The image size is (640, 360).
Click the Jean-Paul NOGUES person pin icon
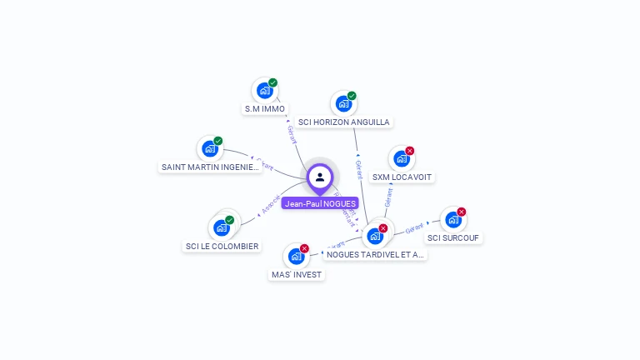pos(320,177)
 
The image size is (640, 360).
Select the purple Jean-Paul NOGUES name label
pos(320,203)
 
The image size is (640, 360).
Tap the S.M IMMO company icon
pos(265,91)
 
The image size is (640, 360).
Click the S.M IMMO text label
pos(265,109)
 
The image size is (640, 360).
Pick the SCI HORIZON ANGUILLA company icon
pos(344,104)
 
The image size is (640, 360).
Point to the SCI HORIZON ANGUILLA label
pos(344,122)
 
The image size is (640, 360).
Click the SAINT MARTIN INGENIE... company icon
pos(210,149)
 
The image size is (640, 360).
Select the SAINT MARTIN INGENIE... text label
pos(211,167)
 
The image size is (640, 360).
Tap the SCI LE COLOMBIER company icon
pos(222,227)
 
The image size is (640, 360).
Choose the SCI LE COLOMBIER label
pos(222,247)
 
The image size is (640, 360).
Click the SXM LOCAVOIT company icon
pos(402,159)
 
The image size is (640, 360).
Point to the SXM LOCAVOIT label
pos(403,177)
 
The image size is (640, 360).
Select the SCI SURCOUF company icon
pos(453,220)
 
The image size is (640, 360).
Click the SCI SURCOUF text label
pos(454,238)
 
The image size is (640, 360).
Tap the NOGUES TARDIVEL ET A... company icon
pos(375,236)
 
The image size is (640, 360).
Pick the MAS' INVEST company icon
pos(296,257)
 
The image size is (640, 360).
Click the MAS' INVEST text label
pos(297,275)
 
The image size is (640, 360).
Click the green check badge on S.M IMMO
pos(272,82)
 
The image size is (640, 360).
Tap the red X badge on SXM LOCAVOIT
pos(410,151)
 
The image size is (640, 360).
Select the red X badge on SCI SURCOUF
pos(462,212)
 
